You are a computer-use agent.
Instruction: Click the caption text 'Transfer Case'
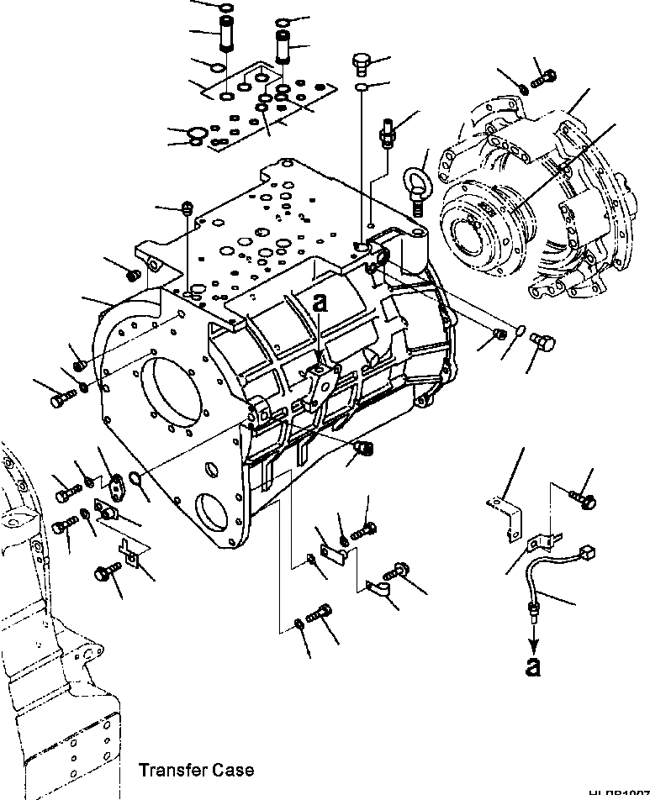point(196,770)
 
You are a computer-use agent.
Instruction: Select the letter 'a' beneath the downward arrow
point(533,666)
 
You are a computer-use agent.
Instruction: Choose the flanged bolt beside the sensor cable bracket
point(587,500)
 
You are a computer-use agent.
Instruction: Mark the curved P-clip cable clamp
point(380,591)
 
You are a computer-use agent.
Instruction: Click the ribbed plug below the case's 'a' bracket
point(364,449)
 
